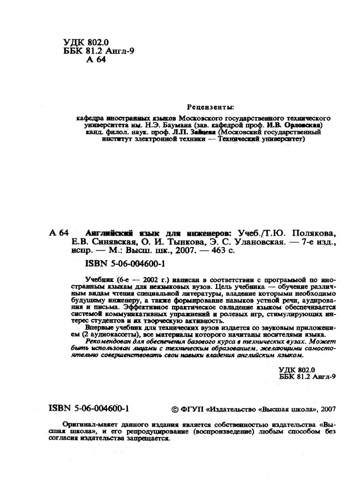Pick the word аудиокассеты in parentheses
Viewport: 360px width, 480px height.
click(x=112, y=335)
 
